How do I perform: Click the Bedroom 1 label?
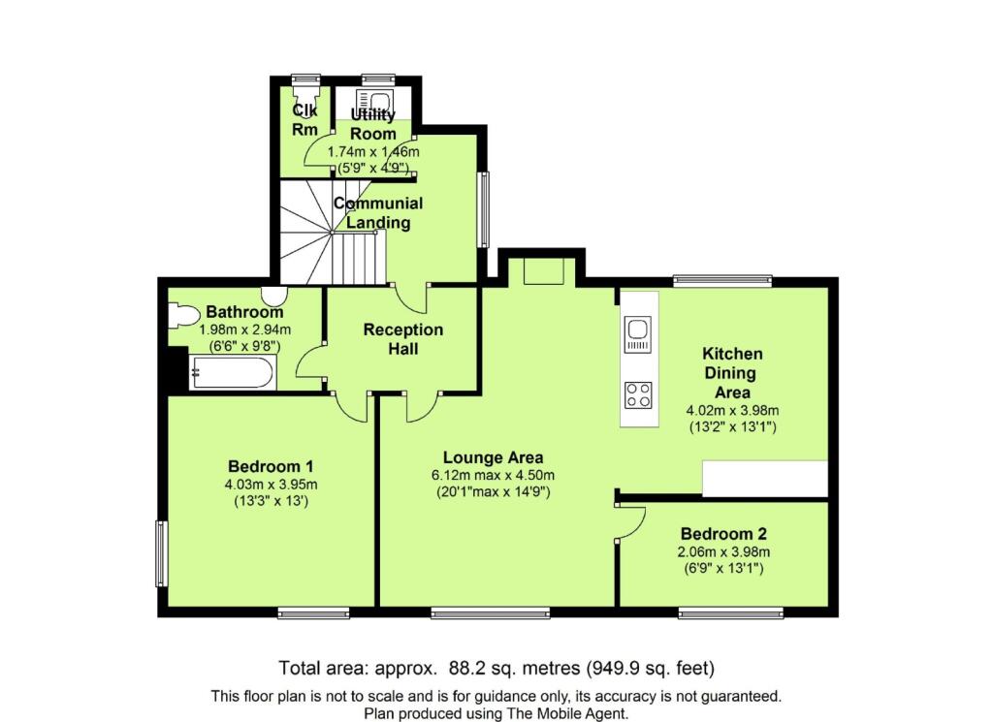(271, 467)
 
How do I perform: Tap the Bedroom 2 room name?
(723, 533)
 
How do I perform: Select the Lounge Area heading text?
(493, 457)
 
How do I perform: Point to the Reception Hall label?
(402, 339)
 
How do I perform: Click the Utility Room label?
(373, 124)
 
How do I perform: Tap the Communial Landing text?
(378, 212)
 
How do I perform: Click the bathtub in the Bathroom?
(232, 373)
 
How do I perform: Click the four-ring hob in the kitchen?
(638, 394)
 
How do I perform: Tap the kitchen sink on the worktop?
(638, 333)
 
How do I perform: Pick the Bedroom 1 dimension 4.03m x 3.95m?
(271, 486)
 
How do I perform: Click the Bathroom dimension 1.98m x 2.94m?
(244, 330)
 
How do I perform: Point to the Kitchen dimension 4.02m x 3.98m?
(732, 411)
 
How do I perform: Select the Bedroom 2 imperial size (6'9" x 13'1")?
(723, 568)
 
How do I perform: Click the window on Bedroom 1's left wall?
(162, 553)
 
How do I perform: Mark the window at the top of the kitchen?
(722, 281)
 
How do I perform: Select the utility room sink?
(374, 100)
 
